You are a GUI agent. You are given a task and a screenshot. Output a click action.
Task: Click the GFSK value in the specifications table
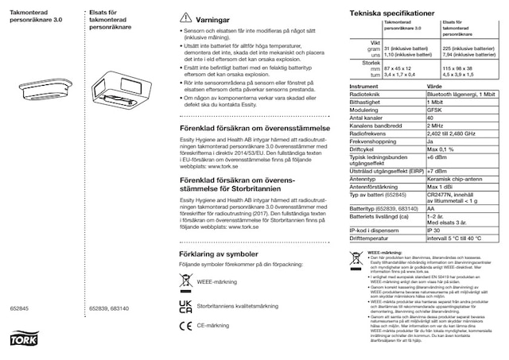(436, 110)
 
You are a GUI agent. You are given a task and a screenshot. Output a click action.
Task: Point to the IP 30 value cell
(434, 229)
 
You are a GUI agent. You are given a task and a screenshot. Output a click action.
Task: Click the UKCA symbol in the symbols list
(182, 304)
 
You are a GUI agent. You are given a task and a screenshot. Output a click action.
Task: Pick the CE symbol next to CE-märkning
(182, 324)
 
